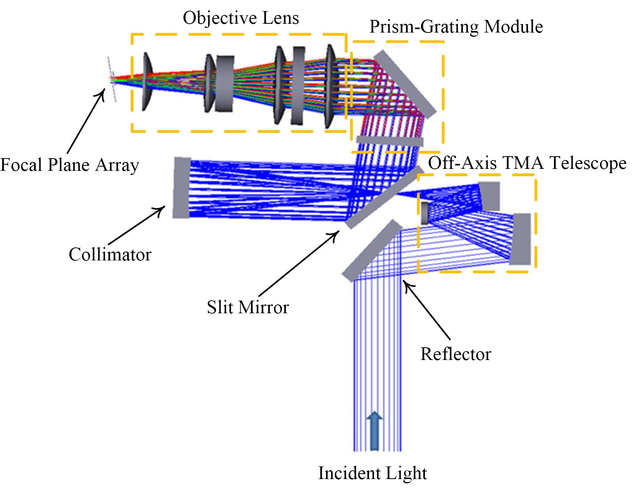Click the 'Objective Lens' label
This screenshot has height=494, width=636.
241,18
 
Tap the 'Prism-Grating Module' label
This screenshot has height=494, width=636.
456,27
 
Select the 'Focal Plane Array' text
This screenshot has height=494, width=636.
69,165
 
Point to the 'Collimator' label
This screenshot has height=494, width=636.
110,254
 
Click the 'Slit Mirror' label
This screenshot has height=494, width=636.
248,307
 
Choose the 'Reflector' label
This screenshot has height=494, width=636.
456,354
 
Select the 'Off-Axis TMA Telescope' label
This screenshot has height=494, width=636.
527,163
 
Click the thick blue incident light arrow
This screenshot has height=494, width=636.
374,431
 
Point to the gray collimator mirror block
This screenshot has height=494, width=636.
182,188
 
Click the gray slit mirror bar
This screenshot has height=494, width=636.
384,197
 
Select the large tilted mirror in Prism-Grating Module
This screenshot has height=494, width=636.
405,84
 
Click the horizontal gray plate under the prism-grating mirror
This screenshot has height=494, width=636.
390,141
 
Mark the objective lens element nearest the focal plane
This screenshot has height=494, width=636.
147,82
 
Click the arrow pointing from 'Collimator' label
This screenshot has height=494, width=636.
136,226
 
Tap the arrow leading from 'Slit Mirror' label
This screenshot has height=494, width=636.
299,263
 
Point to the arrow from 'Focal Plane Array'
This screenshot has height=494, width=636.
86,121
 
